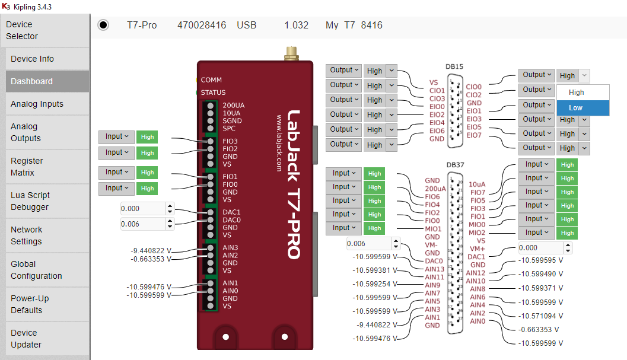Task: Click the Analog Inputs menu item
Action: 37,104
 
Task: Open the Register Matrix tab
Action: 27,167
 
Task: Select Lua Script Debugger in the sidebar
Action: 30,201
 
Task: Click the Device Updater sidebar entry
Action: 26,339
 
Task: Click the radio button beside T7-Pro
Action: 103,25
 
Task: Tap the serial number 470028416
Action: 202,26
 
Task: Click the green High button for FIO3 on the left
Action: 147,137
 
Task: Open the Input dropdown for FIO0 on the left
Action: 117,188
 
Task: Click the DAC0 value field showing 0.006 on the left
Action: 142,224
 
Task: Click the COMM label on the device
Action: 211,80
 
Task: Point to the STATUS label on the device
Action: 213,93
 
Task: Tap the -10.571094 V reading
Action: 540,316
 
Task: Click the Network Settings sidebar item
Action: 27,235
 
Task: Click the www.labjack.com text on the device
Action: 278,143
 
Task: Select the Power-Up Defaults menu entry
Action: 30,304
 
